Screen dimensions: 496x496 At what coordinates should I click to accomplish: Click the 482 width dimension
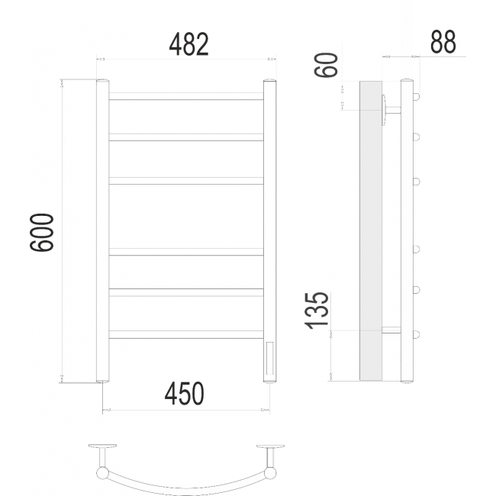[x=188, y=44]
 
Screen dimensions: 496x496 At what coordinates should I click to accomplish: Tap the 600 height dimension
[x=42, y=233]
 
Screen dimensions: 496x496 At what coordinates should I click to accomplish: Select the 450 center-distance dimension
[x=185, y=394]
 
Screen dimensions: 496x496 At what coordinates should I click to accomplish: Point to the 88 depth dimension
[x=443, y=42]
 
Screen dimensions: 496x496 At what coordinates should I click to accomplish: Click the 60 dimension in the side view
[x=326, y=65]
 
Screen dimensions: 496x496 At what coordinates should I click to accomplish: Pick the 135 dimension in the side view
[x=317, y=311]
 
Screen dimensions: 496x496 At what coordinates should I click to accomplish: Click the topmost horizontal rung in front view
[x=186, y=96]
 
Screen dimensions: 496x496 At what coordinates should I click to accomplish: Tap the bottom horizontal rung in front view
[x=186, y=334]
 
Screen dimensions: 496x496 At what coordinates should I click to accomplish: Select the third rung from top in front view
[x=186, y=181]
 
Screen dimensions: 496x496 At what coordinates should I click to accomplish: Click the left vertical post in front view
[x=102, y=231]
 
